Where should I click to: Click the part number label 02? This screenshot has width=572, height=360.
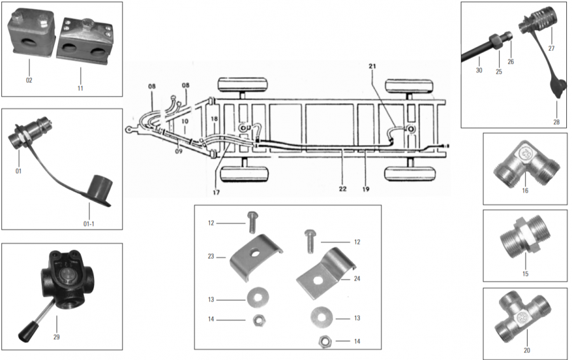tap(29, 80)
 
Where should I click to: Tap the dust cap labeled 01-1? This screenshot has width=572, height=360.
tap(99, 189)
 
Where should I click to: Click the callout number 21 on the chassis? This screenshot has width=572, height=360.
tap(372, 66)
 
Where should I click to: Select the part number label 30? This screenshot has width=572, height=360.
tap(479, 71)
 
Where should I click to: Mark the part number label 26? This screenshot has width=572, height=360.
tap(510, 62)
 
